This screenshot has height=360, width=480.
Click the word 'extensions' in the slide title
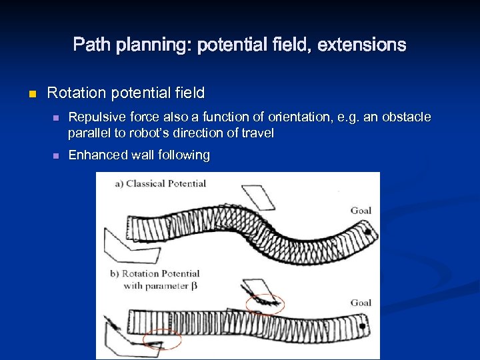[x=361, y=45]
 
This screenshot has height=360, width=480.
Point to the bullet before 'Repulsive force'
[x=56, y=118]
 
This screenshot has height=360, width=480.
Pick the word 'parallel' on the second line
[x=89, y=133]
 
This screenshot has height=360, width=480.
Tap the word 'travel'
[x=257, y=133]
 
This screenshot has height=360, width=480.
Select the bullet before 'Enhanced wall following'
[x=56, y=155]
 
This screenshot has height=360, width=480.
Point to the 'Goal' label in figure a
[x=361, y=211]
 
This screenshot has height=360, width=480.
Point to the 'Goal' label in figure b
[x=361, y=303]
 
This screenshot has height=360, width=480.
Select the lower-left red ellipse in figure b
[x=162, y=339]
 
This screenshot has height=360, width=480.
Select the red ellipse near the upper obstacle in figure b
[x=265, y=304]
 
